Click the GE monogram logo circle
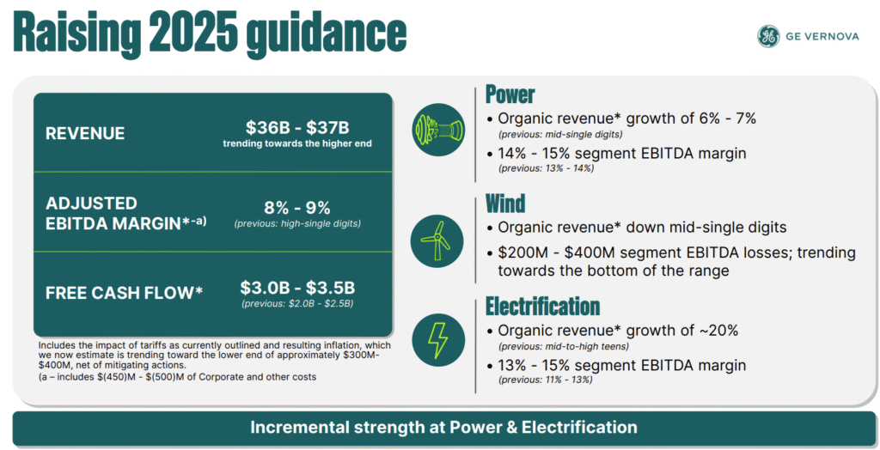(x=768, y=36)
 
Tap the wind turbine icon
(x=437, y=240)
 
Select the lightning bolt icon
(x=437, y=340)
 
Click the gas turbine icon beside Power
(x=438, y=130)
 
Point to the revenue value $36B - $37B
(x=297, y=127)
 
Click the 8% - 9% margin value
(x=297, y=208)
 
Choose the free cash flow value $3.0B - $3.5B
(x=297, y=288)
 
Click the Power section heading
(x=510, y=94)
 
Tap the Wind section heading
(x=505, y=204)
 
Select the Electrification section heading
(x=543, y=307)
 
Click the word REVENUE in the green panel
(x=85, y=134)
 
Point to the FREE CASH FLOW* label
(x=124, y=292)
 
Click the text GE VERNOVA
(x=822, y=36)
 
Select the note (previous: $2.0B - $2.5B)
(x=297, y=304)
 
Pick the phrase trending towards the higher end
(x=297, y=143)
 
